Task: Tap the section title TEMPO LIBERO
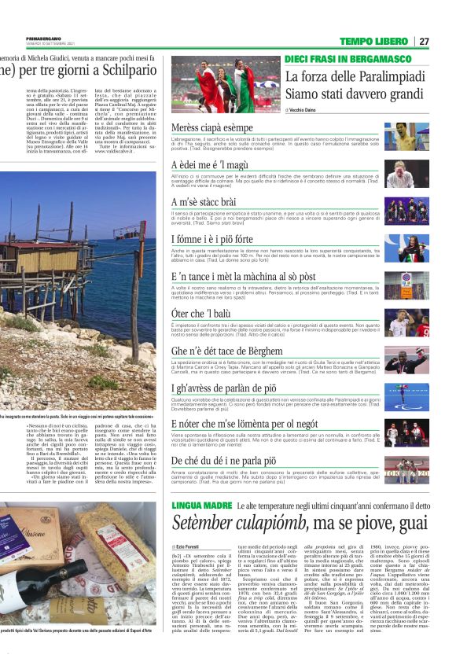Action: [x=373, y=41]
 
